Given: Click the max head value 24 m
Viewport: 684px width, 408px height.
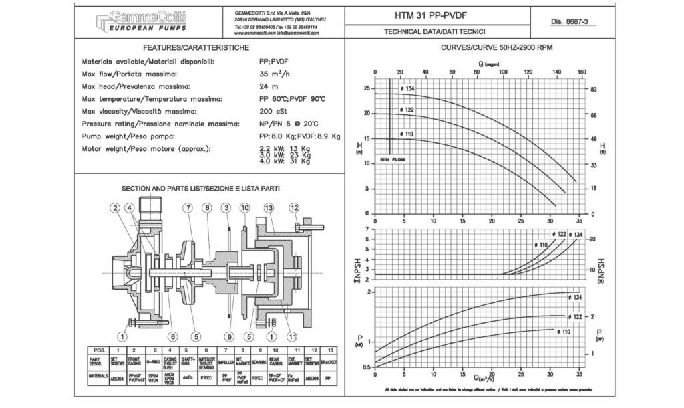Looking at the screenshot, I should (x=269, y=86).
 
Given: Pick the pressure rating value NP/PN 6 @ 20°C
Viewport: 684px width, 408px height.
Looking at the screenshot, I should (x=289, y=124).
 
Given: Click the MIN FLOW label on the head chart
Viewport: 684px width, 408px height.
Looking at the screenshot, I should (x=393, y=160).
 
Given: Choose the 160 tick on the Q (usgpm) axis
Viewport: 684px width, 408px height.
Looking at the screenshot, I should (x=582, y=73).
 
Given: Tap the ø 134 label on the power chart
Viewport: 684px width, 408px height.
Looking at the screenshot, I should (x=576, y=296).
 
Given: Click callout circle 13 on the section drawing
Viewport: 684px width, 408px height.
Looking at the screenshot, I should (x=269, y=209).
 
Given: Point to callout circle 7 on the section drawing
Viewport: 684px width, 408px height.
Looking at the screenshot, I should (x=189, y=209).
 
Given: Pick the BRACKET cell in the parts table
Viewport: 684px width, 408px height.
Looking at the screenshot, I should (x=329, y=362).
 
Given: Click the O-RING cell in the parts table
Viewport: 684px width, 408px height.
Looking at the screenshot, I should (x=156, y=362).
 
